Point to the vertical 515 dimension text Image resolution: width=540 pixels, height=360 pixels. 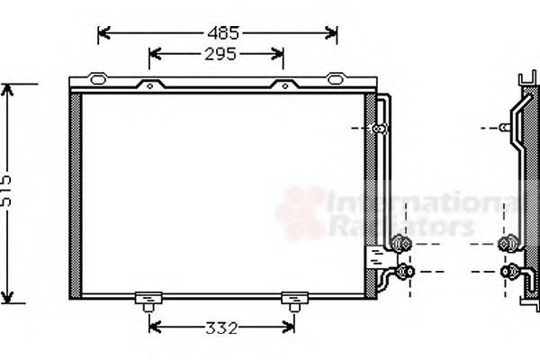[x=7, y=194]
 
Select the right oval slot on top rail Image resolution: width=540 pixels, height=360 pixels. [x=336, y=79]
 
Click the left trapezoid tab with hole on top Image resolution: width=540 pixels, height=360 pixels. [x=147, y=86]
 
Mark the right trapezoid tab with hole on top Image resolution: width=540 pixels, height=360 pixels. [x=284, y=86]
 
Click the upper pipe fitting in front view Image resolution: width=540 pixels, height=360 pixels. [x=400, y=242]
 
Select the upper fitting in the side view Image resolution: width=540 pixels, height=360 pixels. [x=510, y=242]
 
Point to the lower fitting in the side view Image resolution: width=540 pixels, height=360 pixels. [x=510, y=271]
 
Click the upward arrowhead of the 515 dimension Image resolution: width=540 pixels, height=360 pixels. [x=8, y=88]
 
